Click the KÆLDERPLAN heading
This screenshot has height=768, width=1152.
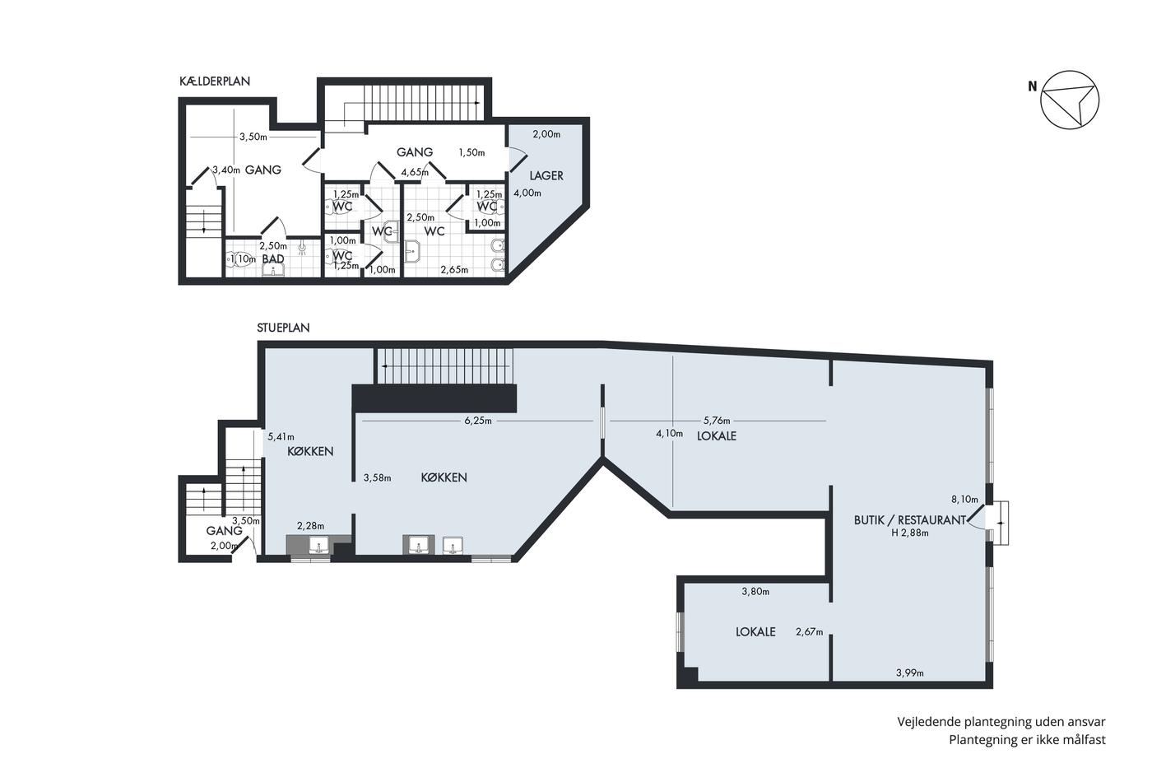(x=215, y=81)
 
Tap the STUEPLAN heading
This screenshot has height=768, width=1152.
(x=283, y=328)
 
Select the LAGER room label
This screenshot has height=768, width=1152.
(x=546, y=176)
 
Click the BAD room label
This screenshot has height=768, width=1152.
(x=273, y=258)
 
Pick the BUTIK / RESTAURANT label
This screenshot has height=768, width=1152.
(x=910, y=520)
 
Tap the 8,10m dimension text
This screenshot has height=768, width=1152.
(x=964, y=499)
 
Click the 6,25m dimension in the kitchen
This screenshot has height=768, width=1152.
(x=478, y=421)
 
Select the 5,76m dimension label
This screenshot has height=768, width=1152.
(x=717, y=421)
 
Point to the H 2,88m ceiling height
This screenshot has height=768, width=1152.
(x=910, y=533)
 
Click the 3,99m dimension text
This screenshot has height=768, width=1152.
(x=910, y=673)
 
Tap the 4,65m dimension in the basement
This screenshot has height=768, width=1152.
(x=415, y=172)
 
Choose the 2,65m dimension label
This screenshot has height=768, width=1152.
(x=454, y=269)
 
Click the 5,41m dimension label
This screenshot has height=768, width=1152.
(x=281, y=437)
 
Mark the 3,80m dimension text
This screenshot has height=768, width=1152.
(x=755, y=592)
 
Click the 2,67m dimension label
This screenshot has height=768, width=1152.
(x=810, y=631)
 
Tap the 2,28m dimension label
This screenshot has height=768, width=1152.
(x=311, y=526)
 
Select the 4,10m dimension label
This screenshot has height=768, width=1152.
(x=670, y=434)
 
